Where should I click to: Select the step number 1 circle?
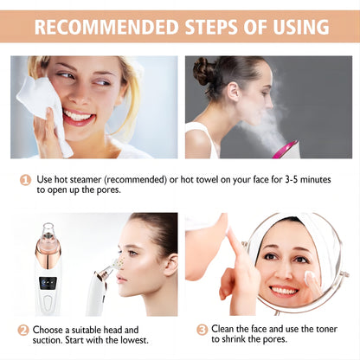(x=25, y=180)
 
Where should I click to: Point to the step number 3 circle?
(x=202, y=330)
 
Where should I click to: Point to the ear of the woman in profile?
(x=165, y=260)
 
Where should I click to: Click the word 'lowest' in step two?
(x=121, y=341)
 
